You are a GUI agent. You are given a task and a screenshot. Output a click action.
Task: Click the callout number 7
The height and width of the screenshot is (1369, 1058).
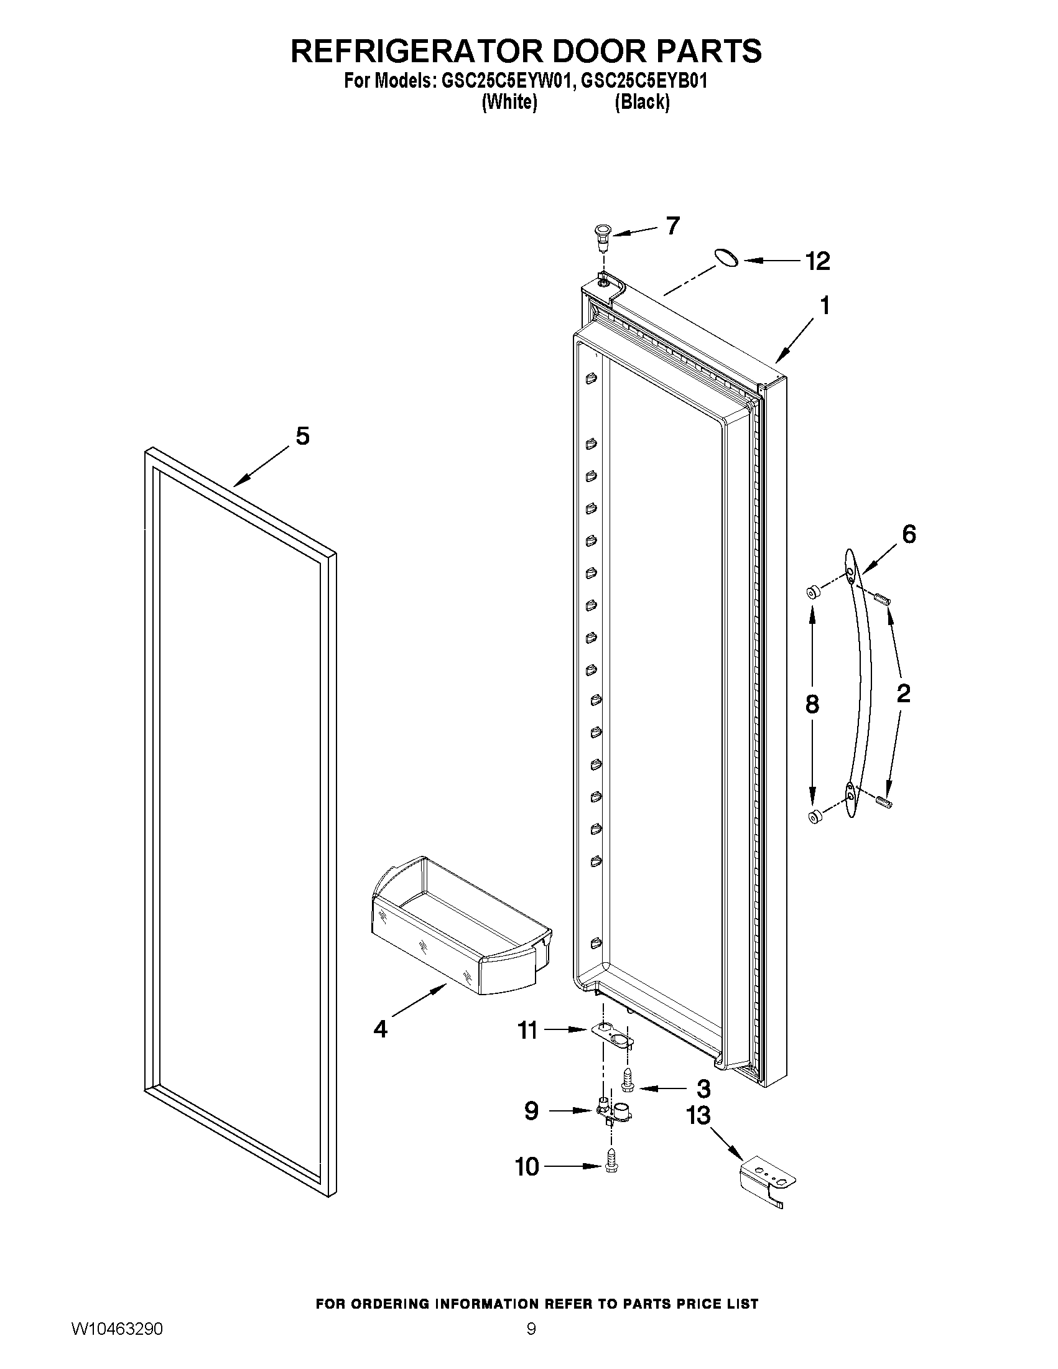[672, 225]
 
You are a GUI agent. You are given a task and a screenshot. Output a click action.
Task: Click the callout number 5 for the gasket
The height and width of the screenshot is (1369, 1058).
[303, 435]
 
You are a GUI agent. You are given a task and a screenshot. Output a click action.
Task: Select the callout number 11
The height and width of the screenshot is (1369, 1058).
[527, 1030]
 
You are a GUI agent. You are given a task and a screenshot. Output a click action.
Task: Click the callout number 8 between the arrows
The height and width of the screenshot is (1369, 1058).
[812, 705]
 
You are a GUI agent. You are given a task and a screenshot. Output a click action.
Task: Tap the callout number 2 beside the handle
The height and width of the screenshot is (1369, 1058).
[903, 694]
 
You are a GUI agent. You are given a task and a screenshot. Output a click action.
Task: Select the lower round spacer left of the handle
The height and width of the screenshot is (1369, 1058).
[815, 817]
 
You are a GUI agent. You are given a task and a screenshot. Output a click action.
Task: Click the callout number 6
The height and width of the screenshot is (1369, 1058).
[909, 534]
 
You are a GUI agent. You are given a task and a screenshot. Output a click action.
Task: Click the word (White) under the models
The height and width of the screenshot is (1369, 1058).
[509, 102]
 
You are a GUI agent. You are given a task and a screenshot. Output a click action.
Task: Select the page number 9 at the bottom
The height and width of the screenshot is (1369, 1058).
[531, 1345]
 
